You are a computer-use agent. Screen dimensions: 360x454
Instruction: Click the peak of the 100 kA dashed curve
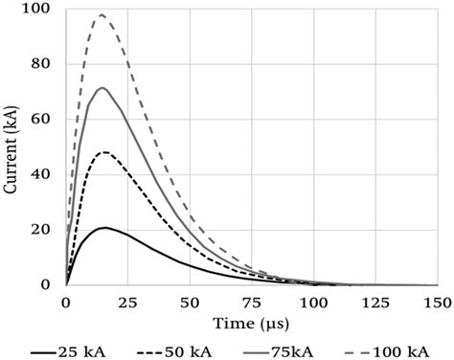[x=101, y=15]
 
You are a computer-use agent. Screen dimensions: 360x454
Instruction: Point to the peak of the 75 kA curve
[x=102, y=88]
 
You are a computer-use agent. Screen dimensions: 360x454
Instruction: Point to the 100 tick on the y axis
[x=43, y=11]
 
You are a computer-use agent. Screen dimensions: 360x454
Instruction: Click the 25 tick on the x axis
[x=127, y=302]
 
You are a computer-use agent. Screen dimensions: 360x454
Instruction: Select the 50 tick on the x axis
[x=190, y=302]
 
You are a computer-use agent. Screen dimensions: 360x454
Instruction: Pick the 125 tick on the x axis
[x=375, y=302]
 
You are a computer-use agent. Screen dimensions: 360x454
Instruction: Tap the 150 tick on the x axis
[x=436, y=302]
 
